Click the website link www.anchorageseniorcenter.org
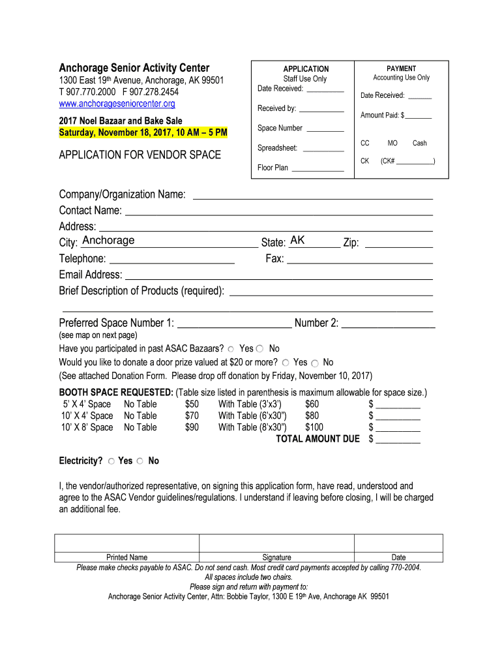(x=117, y=104)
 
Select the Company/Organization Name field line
(x=313, y=195)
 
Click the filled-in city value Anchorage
(x=108, y=241)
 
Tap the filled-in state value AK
(x=297, y=241)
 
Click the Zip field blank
(x=398, y=243)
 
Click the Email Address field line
(x=278, y=275)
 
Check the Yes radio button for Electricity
(x=111, y=461)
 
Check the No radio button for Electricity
(x=141, y=461)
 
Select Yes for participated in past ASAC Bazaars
(x=231, y=349)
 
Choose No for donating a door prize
(x=315, y=363)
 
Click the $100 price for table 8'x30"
(x=314, y=427)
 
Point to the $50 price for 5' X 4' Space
(x=192, y=404)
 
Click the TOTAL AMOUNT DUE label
(x=317, y=439)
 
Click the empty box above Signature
(x=276, y=543)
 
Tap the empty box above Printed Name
(x=126, y=543)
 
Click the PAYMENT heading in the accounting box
(x=401, y=68)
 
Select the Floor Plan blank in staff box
(x=317, y=168)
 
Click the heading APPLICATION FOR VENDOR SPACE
(x=140, y=155)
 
